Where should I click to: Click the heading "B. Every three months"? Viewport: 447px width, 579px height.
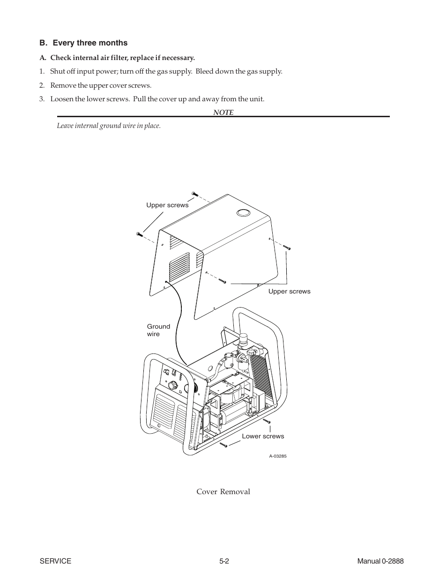(83, 43)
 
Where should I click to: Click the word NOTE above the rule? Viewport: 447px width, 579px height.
(223, 113)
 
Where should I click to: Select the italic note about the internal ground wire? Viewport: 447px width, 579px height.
(109, 126)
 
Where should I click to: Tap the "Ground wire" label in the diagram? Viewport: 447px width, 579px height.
(158, 330)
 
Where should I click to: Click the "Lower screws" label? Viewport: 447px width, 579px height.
(263, 436)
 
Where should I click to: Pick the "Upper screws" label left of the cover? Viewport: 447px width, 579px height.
(167, 205)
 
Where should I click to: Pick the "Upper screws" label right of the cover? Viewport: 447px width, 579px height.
(289, 292)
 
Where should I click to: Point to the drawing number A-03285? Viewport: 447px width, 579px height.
(277, 456)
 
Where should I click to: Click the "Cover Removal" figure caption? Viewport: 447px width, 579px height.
(223, 492)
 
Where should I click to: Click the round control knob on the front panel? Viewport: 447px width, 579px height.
(174, 385)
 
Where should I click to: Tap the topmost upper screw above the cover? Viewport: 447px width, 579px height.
(195, 194)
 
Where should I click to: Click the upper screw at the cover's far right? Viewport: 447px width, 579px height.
(287, 247)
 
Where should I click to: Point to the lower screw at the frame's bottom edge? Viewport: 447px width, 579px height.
(223, 444)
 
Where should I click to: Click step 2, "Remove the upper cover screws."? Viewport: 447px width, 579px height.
(101, 86)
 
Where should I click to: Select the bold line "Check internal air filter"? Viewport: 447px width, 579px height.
(117, 58)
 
